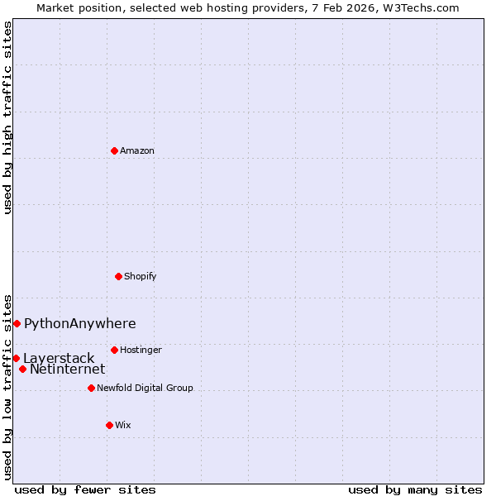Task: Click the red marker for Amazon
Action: tap(114, 150)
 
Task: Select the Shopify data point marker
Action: tap(118, 276)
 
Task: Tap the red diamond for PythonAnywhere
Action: tap(17, 323)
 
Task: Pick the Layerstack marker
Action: tap(16, 358)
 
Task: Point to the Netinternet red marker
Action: tap(22, 369)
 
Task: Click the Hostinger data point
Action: tap(114, 350)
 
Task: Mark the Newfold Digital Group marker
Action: tap(91, 388)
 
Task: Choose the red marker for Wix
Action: tap(109, 425)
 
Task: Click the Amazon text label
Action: tap(137, 150)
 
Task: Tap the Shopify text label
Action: tap(141, 276)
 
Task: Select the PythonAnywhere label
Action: tap(79, 323)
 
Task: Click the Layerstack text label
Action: tap(59, 358)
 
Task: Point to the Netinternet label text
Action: tap(67, 370)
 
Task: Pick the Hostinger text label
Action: tap(141, 350)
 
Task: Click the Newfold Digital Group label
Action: tap(145, 388)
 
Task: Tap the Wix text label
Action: tap(122, 425)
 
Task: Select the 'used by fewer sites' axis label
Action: tap(84, 489)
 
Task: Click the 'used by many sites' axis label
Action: tap(415, 489)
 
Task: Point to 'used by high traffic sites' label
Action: tap(7, 117)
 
